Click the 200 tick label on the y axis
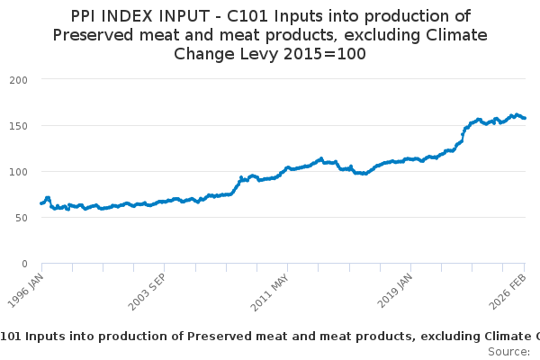(18, 80)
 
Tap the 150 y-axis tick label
(18, 126)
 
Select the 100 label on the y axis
(18, 172)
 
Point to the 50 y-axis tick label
(22, 218)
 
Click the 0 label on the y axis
(24, 264)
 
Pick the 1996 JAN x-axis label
(26, 291)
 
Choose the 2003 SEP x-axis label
(147, 292)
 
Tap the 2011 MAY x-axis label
(270, 292)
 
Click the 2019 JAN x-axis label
(395, 291)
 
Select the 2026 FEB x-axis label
(508, 292)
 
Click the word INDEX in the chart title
(125, 16)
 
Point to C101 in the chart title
(247, 16)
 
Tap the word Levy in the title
(259, 54)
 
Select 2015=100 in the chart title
(325, 54)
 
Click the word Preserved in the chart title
(93, 35)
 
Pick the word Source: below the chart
(509, 352)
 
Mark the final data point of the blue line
(525, 118)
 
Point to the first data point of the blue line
(41, 203)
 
